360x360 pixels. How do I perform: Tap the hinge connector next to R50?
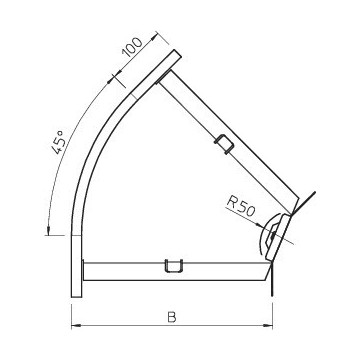point(275,232)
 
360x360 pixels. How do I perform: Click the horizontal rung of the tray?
point(130,268)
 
